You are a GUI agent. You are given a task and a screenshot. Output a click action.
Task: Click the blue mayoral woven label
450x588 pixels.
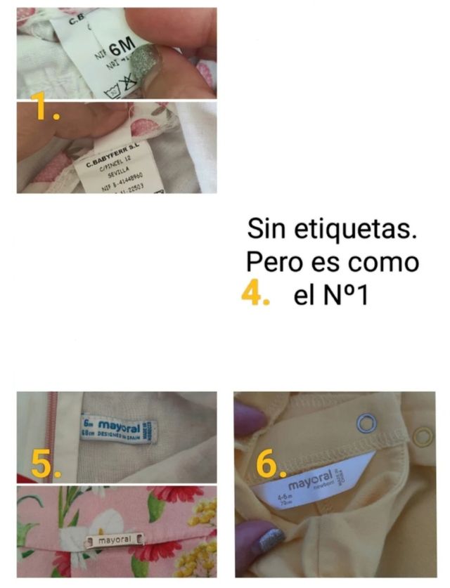117,428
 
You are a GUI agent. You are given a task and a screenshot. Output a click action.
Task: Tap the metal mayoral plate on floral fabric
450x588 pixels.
112,541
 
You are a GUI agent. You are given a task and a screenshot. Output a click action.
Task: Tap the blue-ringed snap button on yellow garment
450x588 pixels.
366,423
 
